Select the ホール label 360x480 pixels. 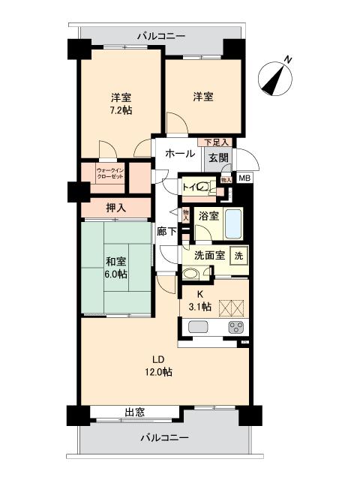(x=179, y=153)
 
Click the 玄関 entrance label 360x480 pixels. (x=219, y=157)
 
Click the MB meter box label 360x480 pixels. (x=244, y=178)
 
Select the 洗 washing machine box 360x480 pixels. (x=238, y=255)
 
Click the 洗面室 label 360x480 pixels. (x=209, y=255)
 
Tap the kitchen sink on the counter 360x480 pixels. (x=200, y=327)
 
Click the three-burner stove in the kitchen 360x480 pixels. (x=236, y=327)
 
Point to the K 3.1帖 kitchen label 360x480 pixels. (x=199, y=300)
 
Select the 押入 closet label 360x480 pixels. (x=116, y=208)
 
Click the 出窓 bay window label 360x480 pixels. (x=134, y=412)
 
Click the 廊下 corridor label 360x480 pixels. (x=166, y=232)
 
